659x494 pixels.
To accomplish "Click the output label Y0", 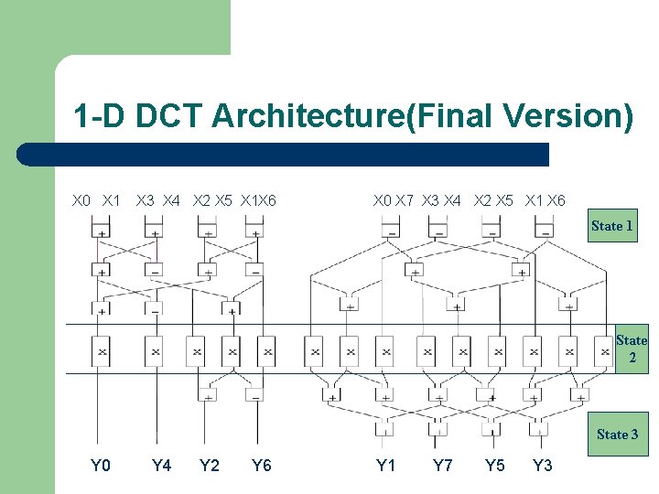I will [x=101, y=466].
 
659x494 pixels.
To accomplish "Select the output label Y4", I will [x=161, y=466].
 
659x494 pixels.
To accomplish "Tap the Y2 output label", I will [x=210, y=466].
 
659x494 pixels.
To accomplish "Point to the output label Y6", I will [x=262, y=466].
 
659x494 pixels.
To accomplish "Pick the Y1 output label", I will [x=386, y=466].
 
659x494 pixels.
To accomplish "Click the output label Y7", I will [x=443, y=466].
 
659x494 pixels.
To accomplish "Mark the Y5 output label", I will [x=495, y=466].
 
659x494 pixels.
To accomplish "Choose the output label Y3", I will [x=543, y=466].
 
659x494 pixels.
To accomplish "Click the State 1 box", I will [x=612, y=225].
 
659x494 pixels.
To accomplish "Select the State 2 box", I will [x=632, y=349].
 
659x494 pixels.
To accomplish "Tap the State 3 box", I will [x=618, y=435].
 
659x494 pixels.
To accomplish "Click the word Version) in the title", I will [x=567, y=117].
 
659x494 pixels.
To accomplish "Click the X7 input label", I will [x=404, y=200].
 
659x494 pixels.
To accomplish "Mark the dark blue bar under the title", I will [x=284, y=155].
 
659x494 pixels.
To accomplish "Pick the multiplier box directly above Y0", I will [x=101, y=350].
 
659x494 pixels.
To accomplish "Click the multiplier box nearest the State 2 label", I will [x=604, y=350].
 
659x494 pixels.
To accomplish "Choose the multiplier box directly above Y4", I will [x=156, y=350].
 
